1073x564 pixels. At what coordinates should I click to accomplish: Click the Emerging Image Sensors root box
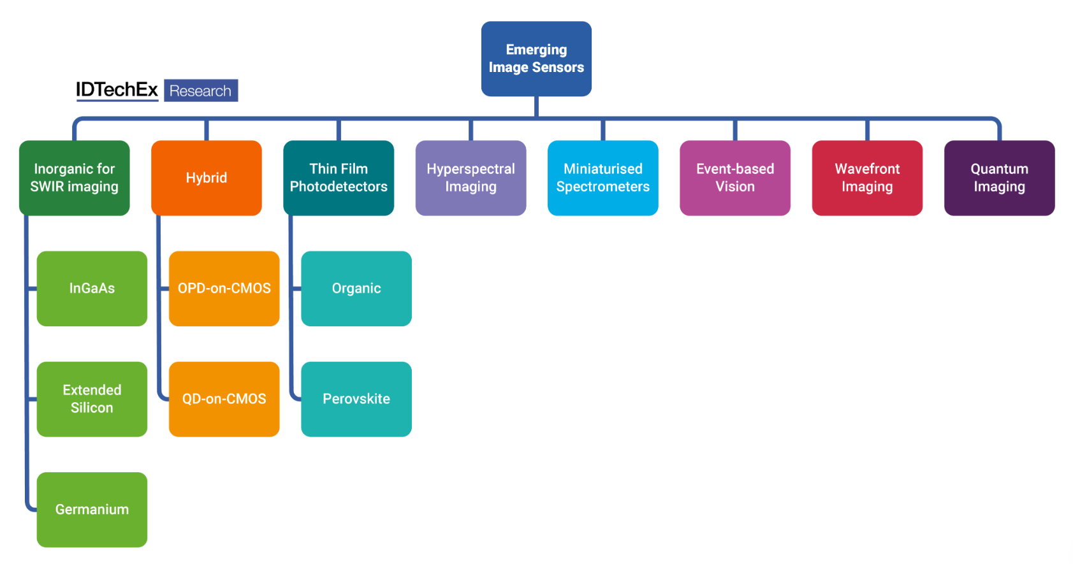pyautogui.click(x=536, y=59)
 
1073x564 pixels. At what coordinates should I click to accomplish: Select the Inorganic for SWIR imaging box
pyautogui.click(x=75, y=178)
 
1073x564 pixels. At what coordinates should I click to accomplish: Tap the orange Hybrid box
pyautogui.click(x=207, y=178)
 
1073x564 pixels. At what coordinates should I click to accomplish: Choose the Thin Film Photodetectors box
pyautogui.click(x=339, y=178)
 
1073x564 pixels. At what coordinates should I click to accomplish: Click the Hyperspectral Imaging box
pyautogui.click(x=471, y=178)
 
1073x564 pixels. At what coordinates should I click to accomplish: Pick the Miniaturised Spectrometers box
pyautogui.click(x=603, y=178)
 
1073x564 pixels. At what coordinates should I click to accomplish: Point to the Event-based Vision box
pyautogui.click(x=735, y=178)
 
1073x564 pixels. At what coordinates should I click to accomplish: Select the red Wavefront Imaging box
pyautogui.click(x=867, y=178)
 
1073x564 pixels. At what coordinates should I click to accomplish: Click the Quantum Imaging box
pyautogui.click(x=999, y=178)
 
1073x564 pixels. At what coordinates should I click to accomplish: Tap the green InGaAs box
pyautogui.click(x=92, y=289)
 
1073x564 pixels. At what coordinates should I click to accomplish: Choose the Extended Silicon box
pyautogui.click(x=92, y=399)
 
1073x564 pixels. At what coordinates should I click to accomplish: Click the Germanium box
pyautogui.click(x=92, y=510)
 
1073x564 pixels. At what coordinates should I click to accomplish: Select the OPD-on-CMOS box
pyautogui.click(x=224, y=289)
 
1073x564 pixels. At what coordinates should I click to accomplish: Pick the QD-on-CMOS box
pyautogui.click(x=224, y=399)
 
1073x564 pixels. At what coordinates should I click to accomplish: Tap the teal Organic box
pyautogui.click(x=356, y=289)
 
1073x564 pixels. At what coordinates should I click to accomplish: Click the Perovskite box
pyautogui.click(x=356, y=399)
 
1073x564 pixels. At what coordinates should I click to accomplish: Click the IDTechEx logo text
pyautogui.click(x=117, y=90)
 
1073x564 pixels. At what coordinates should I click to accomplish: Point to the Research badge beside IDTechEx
pyautogui.click(x=201, y=91)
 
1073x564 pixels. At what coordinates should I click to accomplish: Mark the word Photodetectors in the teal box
pyautogui.click(x=339, y=187)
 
